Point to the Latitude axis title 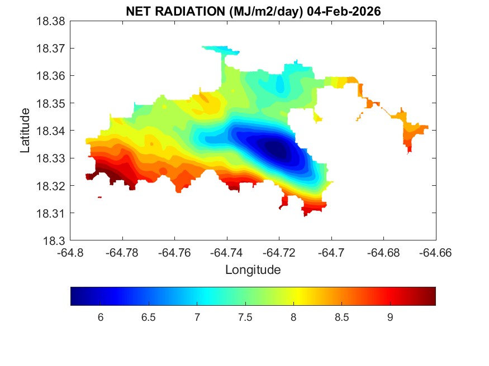click(x=25, y=131)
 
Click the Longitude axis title click(x=253, y=270)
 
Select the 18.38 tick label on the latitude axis click(x=51, y=21)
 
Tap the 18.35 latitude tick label click(x=51, y=103)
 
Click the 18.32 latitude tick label click(x=51, y=186)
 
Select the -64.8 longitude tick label click(x=71, y=253)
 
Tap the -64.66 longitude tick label click(x=436, y=253)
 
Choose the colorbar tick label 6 click(x=101, y=317)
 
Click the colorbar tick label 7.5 click(x=245, y=317)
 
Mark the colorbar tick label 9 click(x=390, y=317)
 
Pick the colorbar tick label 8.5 click(x=341, y=317)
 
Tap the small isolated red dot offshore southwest click(x=99, y=197)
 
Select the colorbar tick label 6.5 click(x=149, y=317)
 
